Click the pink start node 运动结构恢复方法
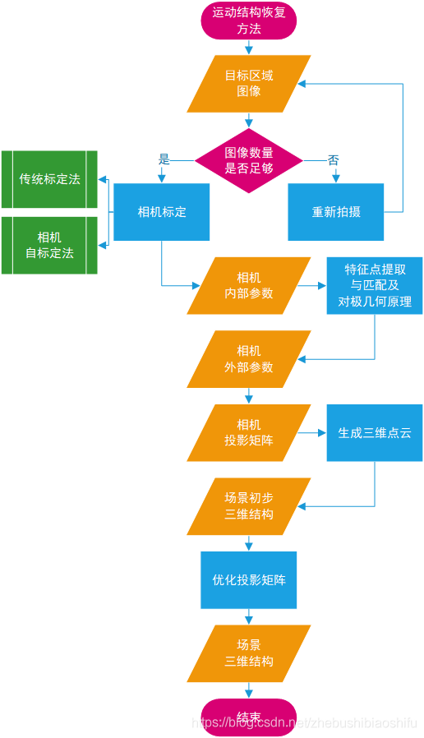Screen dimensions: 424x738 point(249,21)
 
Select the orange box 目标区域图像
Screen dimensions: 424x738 point(249,84)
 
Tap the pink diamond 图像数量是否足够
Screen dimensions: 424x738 point(249,160)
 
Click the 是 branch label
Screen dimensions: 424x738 point(164,159)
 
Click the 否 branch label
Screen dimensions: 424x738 point(333,160)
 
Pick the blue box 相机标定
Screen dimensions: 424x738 point(162,212)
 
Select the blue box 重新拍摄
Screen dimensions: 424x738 point(336,212)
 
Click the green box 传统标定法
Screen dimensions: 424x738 point(49,179)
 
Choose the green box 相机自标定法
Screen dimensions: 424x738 point(49,245)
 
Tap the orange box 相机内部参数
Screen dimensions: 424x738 point(249,286)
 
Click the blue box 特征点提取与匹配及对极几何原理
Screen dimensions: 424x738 point(375,286)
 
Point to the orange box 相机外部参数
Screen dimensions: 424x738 point(249,359)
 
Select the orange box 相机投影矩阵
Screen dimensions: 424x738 point(249,432)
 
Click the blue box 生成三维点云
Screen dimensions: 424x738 point(375,432)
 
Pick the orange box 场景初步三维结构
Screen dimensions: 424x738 point(249,506)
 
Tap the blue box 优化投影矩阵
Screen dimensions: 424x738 point(249,580)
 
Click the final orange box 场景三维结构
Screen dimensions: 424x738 point(249,653)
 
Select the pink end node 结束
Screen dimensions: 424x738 point(249,717)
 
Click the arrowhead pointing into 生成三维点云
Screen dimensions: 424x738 point(323,432)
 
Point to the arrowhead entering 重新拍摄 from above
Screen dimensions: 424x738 point(336,179)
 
